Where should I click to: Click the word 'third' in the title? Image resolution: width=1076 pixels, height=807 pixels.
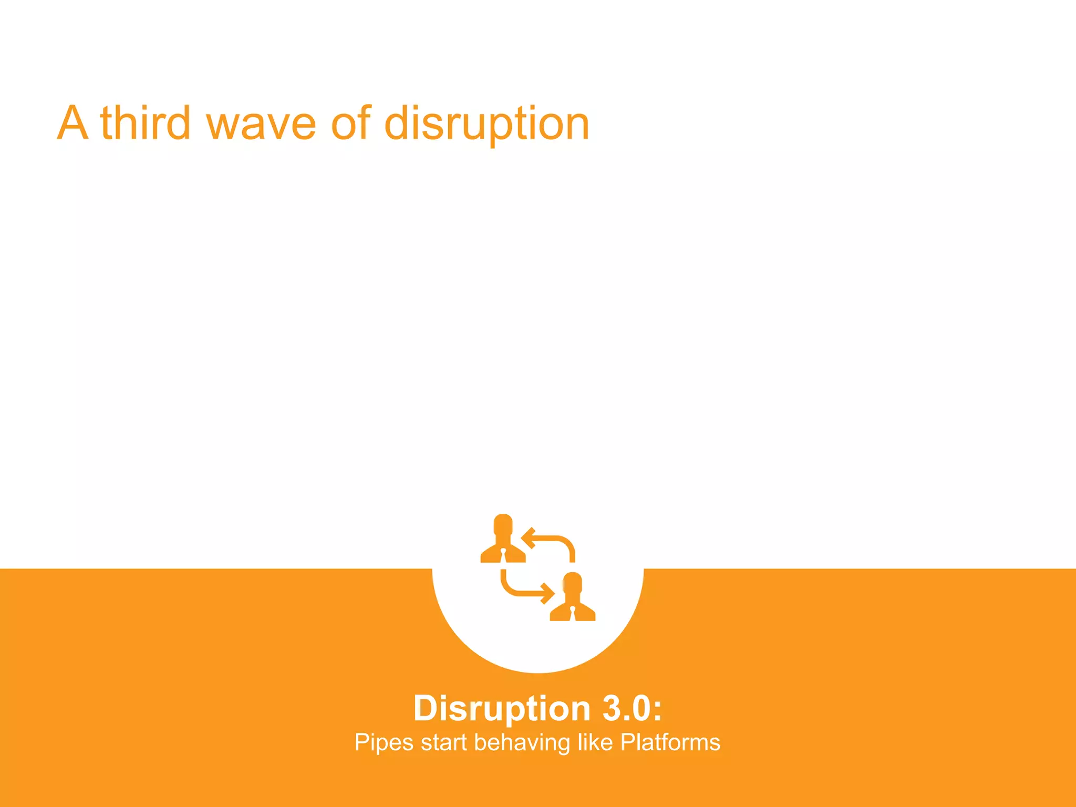point(145,123)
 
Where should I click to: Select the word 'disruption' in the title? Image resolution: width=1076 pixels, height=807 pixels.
point(487,124)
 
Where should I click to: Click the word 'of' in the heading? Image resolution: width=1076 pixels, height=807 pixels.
point(351,123)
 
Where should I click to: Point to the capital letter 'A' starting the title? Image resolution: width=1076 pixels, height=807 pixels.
point(72,123)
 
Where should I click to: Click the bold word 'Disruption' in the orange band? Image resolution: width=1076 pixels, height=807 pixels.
point(502,709)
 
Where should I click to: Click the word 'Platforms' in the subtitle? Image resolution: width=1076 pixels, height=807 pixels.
point(670,742)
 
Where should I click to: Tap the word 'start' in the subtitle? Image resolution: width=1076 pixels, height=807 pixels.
point(443,743)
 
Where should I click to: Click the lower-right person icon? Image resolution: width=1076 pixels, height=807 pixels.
point(572,598)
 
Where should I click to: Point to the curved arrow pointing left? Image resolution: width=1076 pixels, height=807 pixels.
point(550,543)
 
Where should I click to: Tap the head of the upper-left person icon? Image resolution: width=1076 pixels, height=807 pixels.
point(503,525)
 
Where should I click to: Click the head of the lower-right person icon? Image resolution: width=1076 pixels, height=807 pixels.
point(572,583)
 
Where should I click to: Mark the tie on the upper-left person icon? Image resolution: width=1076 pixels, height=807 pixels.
point(503,556)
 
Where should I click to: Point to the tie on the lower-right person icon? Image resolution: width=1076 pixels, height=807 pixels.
point(573,614)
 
